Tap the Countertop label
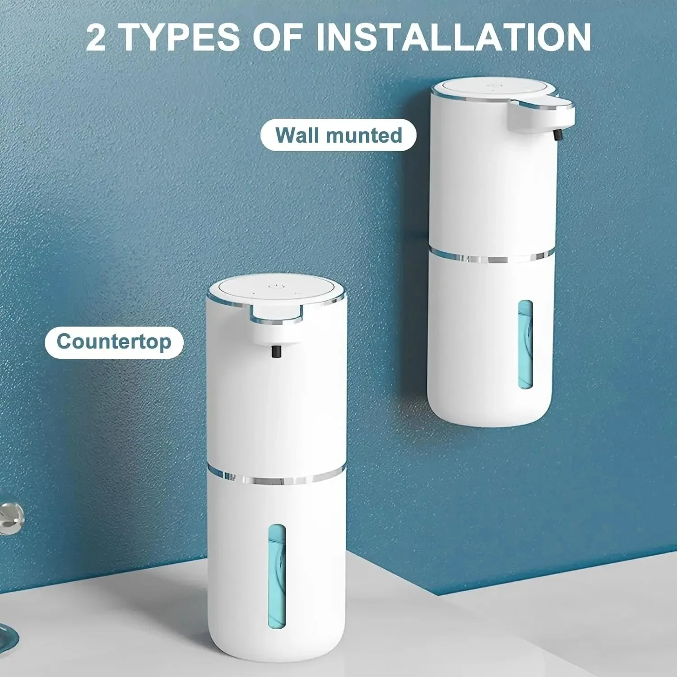114,342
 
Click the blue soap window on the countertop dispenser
277,576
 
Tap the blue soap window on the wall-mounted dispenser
525,344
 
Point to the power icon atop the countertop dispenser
275,286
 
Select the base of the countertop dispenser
276,650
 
